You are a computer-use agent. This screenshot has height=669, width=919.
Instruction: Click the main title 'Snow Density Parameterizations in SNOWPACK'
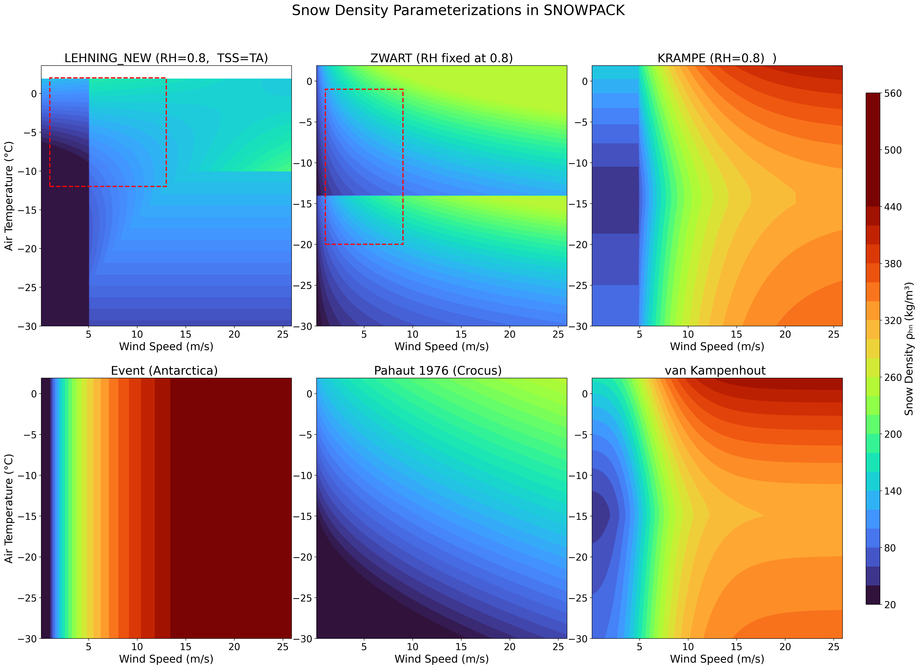[458, 11]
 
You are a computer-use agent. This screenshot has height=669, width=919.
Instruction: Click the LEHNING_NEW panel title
[166, 58]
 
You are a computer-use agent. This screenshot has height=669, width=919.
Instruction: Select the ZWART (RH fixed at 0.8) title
[442, 58]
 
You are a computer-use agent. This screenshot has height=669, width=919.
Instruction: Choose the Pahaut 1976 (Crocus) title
[438, 371]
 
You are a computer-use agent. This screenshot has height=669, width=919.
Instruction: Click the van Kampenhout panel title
[715, 371]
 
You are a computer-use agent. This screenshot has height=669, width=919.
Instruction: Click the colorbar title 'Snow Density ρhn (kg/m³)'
[909, 349]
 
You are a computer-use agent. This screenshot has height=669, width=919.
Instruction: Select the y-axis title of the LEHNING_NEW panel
[9, 196]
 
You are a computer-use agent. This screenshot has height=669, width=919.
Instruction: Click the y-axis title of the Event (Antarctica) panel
[9, 508]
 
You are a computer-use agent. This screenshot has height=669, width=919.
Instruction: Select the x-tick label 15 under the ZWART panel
[461, 334]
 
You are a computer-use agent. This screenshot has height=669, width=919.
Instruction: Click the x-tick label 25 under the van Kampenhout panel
[834, 647]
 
